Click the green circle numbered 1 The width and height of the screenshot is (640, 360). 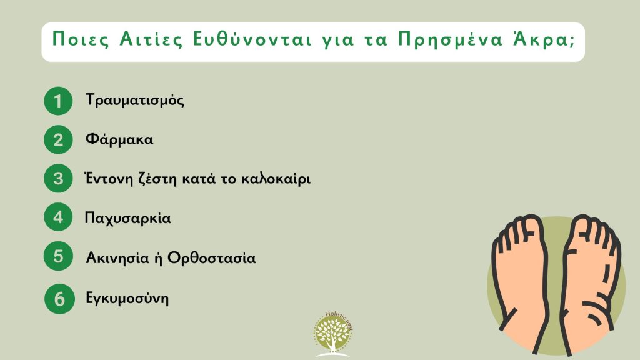[x=58, y=101]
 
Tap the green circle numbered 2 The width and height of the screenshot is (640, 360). [x=58, y=139]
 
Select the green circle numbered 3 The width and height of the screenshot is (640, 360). [x=58, y=179]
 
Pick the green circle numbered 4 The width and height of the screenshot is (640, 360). [x=58, y=218]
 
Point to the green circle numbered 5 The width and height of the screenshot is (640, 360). [x=58, y=257]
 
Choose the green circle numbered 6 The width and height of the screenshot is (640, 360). [x=58, y=298]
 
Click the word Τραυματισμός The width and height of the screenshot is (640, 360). [x=135, y=101]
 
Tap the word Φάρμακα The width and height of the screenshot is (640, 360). [x=119, y=139]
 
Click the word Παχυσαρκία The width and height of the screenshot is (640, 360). [x=127, y=219]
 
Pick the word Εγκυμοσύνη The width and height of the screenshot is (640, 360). [x=127, y=298]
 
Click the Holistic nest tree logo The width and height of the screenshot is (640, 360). [x=332, y=334]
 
